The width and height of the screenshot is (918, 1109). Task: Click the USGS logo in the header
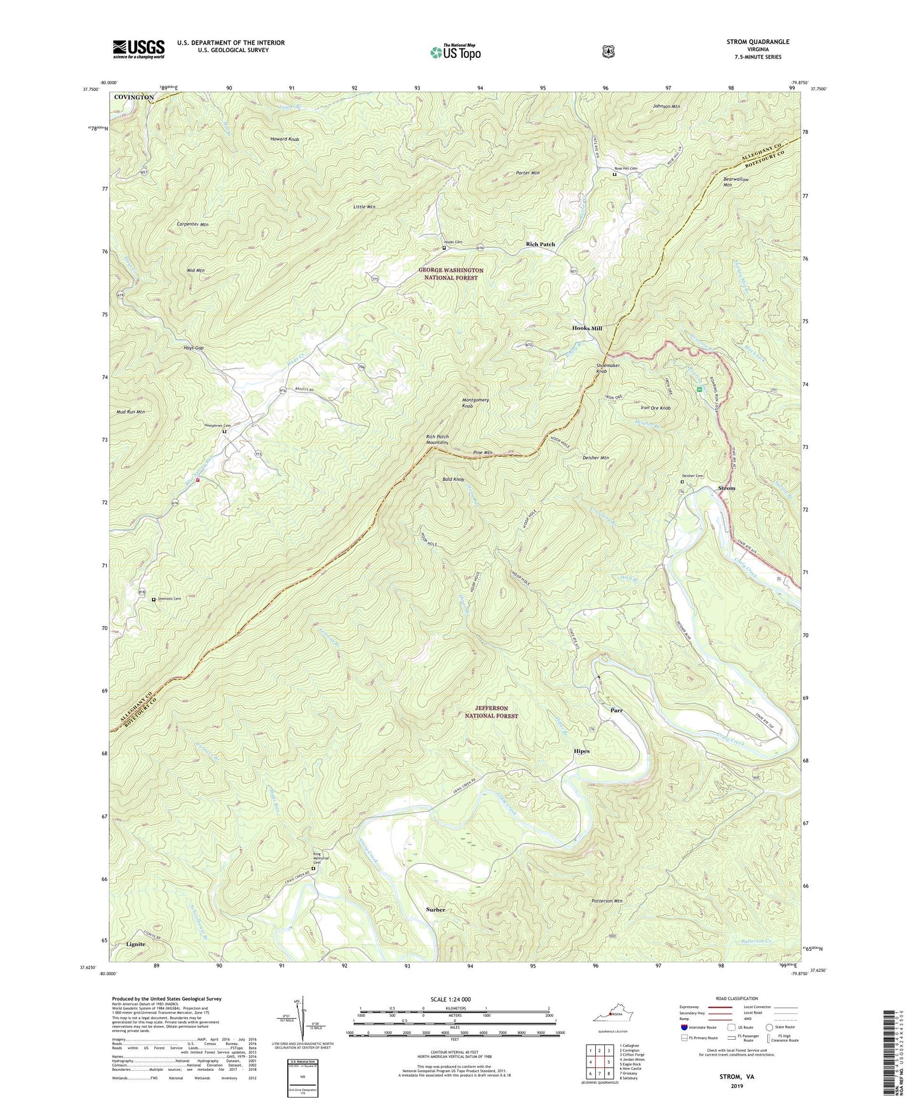[x=138, y=49]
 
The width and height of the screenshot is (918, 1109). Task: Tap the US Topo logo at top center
[x=455, y=52]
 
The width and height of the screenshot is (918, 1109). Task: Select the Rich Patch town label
[x=540, y=245]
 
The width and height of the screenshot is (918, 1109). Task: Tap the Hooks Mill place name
[x=586, y=328]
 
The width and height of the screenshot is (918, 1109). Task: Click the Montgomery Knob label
[x=475, y=403]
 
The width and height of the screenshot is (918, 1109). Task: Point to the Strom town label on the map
[x=726, y=488]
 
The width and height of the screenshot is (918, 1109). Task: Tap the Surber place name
[x=435, y=910]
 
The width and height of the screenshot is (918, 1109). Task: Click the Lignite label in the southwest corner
[x=135, y=944]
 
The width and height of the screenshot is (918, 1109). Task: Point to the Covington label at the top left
[x=133, y=97]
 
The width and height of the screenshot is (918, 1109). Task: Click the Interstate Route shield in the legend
[x=684, y=1027]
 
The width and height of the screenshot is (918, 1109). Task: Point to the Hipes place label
[x=581, y=751]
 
